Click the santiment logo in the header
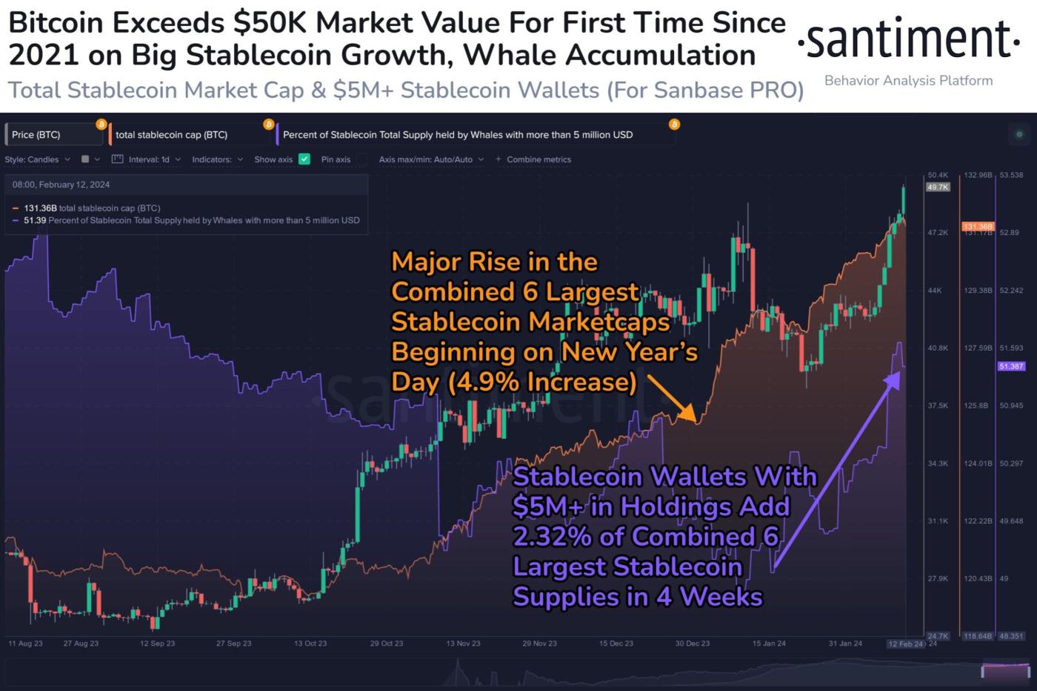point(908,41)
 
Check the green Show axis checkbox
point(304,159)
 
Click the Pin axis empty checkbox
point(361,159)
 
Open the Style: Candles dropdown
point(38,159)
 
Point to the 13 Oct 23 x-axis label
point(310,644)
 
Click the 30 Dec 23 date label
point(693,644)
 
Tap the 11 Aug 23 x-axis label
point(25,644)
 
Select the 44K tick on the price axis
point(935,291)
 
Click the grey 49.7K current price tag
point(937,188)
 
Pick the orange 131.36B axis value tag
point(978,226)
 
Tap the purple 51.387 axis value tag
point(1011,366)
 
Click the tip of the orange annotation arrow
point(694,420)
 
